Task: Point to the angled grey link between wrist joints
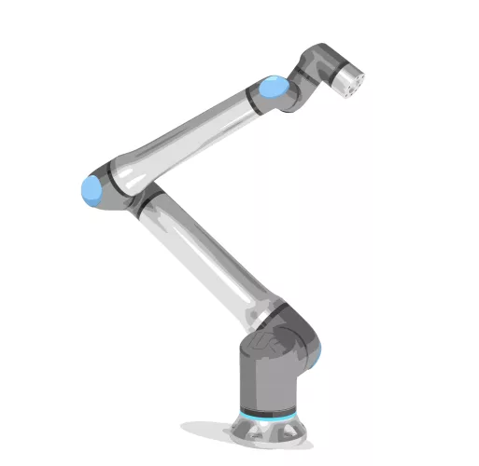click(303, 79)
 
